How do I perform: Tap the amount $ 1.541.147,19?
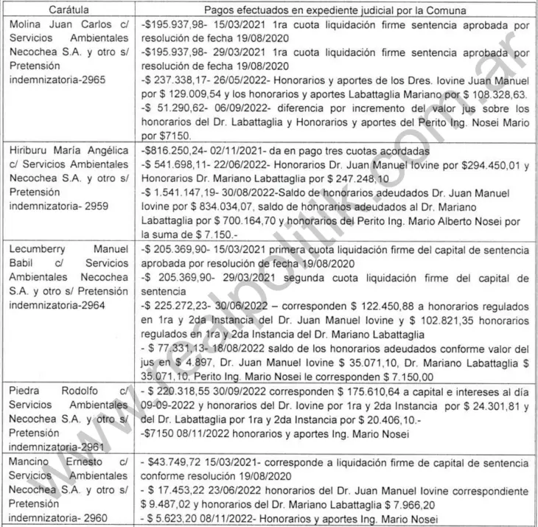click(179, 192)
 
